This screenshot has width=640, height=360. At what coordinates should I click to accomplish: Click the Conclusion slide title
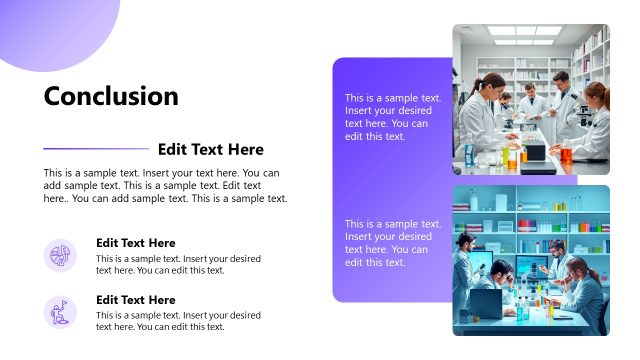111,96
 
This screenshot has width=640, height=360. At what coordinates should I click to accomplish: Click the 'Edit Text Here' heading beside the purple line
211,149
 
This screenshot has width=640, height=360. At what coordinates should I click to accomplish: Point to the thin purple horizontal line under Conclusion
96,149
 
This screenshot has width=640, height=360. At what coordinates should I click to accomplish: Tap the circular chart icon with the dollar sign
60,255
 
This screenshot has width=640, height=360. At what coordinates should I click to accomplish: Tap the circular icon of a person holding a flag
60,312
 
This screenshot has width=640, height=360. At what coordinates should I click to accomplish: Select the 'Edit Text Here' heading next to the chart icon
135,243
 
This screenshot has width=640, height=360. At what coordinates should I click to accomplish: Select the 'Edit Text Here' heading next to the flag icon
135,300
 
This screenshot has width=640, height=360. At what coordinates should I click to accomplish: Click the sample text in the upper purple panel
393,117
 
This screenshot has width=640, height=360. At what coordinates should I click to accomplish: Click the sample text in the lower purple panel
393,243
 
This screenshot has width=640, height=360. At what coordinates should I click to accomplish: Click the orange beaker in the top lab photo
565,153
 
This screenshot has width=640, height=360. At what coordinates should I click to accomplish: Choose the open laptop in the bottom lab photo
486,302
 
